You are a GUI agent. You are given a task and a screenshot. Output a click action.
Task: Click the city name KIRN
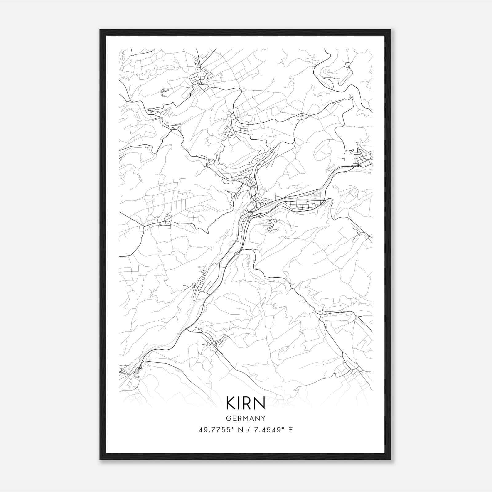click(x=245, y=403)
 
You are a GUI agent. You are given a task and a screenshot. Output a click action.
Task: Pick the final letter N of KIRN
click(x=260, y=403)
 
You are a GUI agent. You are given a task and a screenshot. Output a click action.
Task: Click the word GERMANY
click(x=246, y=418)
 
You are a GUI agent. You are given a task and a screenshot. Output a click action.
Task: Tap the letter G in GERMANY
click(x=228, y=418)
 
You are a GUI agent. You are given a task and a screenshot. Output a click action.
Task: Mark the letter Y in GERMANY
click(x=263, y=418)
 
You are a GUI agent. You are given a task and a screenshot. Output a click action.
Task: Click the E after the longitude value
click(x=290, y=430)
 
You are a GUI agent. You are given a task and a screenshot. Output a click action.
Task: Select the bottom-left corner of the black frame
click(x=100, y=459)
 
